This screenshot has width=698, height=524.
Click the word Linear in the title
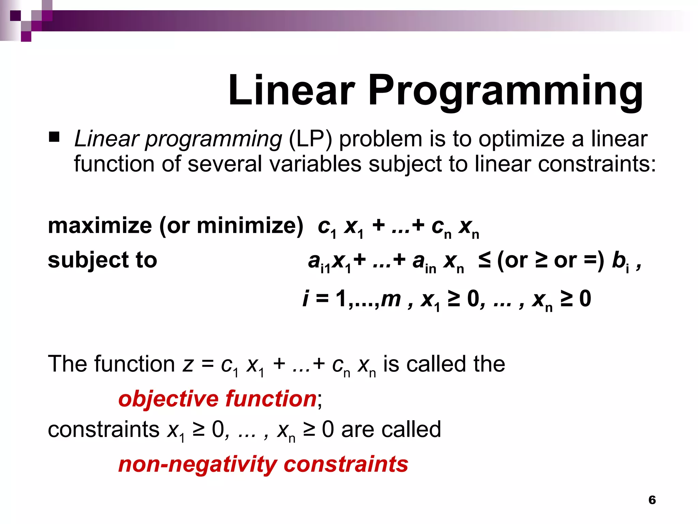coord(291,90)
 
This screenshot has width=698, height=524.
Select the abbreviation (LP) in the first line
coord(310,140)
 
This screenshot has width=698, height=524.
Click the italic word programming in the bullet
coord(213,140)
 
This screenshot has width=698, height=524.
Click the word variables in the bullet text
coord(315,164)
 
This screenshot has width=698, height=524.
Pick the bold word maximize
coord(100,226)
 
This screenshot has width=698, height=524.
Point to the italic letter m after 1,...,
coord(391,299)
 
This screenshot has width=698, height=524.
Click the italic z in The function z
coord(188,364)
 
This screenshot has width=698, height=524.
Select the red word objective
coord(168,399)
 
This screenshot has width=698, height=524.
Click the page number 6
coord(652,500)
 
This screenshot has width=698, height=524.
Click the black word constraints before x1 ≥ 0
coord(104,430)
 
